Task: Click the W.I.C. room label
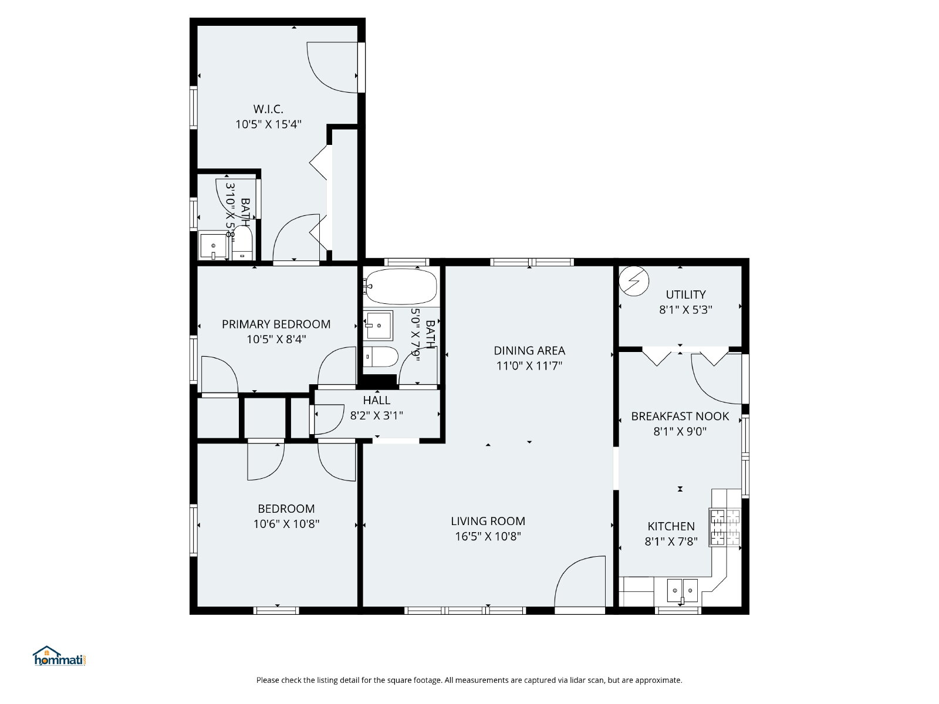[x=268, y=109]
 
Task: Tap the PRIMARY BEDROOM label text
[x=276, y=324]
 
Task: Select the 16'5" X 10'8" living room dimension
[x=488, y=536]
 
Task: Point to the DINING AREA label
[x=529, y=351]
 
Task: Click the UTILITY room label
[x=685, y=295]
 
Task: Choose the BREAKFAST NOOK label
[x=680, y=417]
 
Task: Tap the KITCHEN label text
[x=671, y=526]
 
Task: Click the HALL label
[x=376, y=401]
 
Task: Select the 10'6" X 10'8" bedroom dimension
[x=286, y=524]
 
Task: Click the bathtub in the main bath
[x=401, y=286]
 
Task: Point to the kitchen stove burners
[x=725, y=527]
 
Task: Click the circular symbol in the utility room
[x=634, y=281]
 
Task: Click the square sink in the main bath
[x=379, y=326]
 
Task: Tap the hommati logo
[x=59, y=656]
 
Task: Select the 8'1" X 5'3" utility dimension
[x=685, y=310]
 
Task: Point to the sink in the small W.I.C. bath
[x=213, y=246]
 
